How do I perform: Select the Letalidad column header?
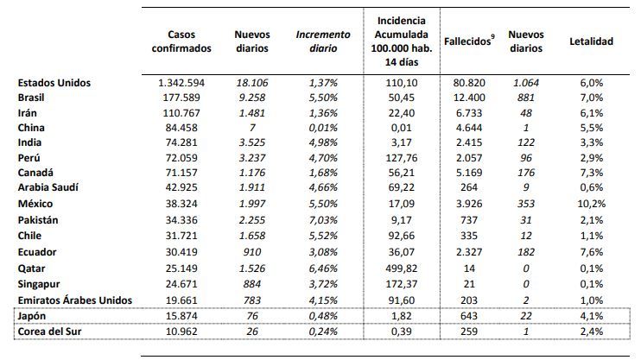click(x=591, y=41)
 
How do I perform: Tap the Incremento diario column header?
click(x=323, y=41)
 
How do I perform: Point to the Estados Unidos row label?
click(x=54, y=83)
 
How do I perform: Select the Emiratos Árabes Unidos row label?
click(x=75, y=300)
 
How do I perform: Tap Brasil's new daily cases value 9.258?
click(x=252, y=98)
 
